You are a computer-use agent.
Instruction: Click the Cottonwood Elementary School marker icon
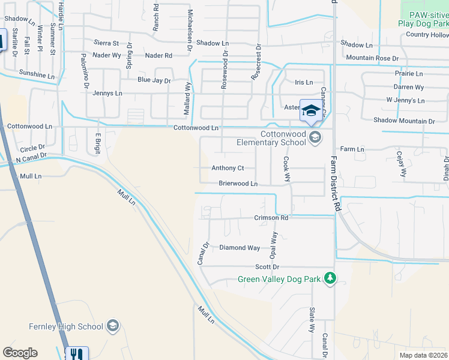(x=315, y=138)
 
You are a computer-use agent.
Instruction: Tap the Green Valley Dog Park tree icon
(x=329, y=278)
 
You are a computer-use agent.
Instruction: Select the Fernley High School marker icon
(x=112, y=326)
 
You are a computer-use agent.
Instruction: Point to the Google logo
(x=20, y=353)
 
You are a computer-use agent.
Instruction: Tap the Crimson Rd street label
(x=271, y=218)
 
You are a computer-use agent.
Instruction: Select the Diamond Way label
(x=240, y=247)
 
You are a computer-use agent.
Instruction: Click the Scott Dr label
(x=267, y=266)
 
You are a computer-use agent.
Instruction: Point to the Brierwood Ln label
(x=238, y=184)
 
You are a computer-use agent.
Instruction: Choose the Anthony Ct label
(x=228, y=169)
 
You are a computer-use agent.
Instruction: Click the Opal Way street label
(x=274, y=245)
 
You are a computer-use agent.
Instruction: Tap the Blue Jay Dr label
(x=154, y=80)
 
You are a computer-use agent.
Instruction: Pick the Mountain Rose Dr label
(x=372, y=58)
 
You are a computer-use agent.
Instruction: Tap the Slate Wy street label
(x=312, y=320)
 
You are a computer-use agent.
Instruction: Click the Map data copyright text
(x=423, y=355)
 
